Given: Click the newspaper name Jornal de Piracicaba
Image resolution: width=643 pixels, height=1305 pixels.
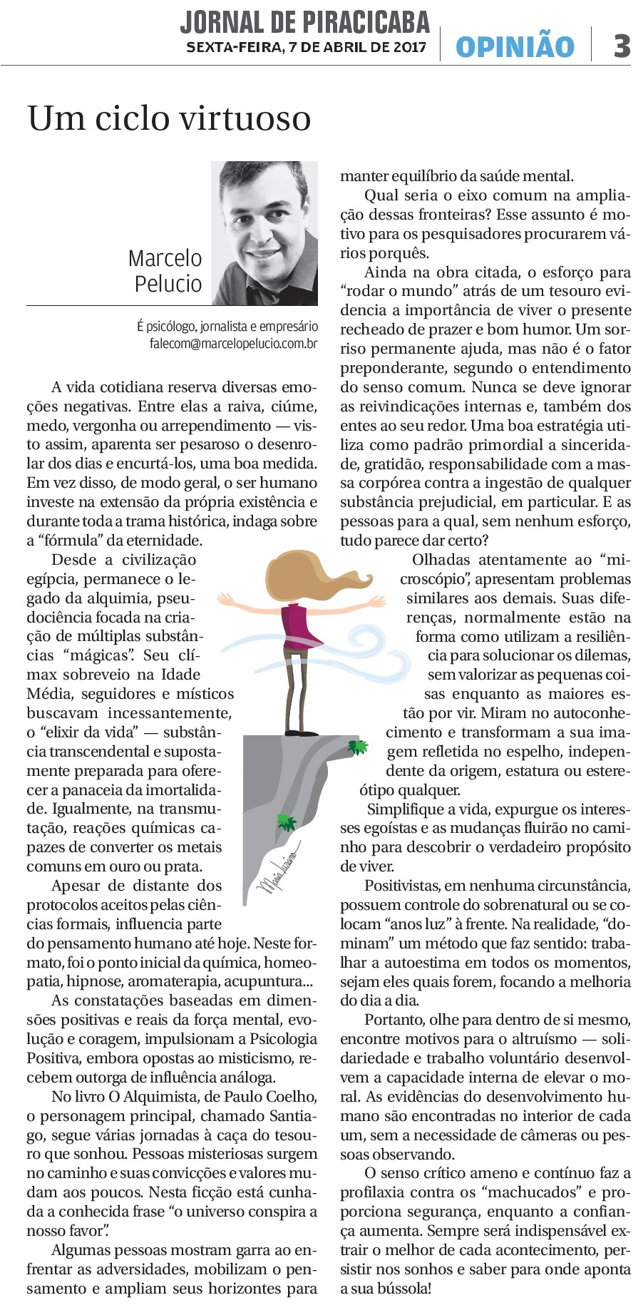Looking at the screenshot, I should (304, 22).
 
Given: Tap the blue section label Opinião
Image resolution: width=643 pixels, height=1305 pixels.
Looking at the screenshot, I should (515, 47).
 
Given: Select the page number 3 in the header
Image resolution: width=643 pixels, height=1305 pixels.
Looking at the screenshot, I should (622, 46).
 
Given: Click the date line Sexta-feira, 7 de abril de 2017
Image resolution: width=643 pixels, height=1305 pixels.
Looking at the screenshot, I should (306, 48).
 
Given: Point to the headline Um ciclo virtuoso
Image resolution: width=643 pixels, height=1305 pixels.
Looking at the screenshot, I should (169, 118).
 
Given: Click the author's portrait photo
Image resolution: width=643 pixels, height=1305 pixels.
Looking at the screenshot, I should (264, 232).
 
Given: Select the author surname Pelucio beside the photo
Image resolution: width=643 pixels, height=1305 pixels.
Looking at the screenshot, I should (168, 284).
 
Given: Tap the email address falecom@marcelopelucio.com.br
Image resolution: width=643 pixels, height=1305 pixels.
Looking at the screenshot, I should (233, 343).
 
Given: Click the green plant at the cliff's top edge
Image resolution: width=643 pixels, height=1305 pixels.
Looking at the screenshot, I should (357, 747).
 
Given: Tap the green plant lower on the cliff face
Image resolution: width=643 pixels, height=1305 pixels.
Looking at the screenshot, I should (286, 822).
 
